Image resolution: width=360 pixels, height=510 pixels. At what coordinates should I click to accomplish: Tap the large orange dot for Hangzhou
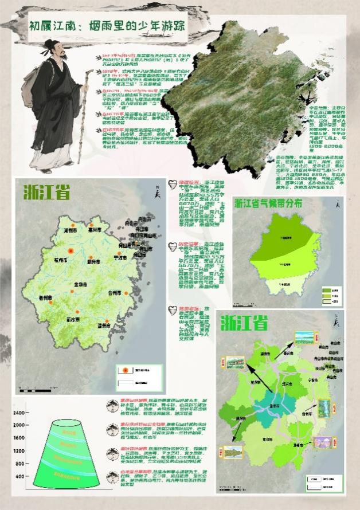(x=71, y=251)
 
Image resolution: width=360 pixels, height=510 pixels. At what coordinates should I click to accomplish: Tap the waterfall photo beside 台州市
(x=323, y=407)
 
